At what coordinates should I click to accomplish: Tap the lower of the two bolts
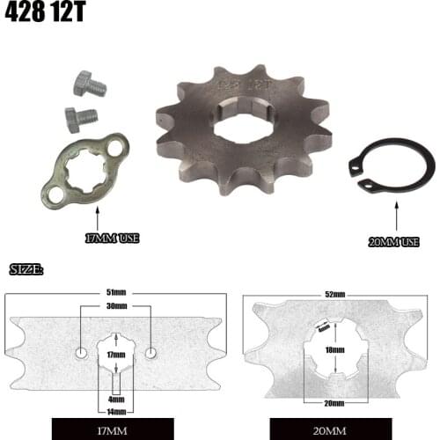click(81, 116)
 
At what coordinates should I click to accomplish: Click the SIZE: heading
click(26, 268)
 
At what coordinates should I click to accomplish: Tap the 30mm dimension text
click(115, 307)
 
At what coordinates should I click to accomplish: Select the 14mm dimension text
click(115, 410)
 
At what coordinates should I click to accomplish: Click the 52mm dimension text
click(333, 293)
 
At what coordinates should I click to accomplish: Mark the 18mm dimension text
click(333, 349)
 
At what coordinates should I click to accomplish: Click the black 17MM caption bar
click(115, 430)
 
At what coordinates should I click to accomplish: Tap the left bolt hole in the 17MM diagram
click(81, 353)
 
